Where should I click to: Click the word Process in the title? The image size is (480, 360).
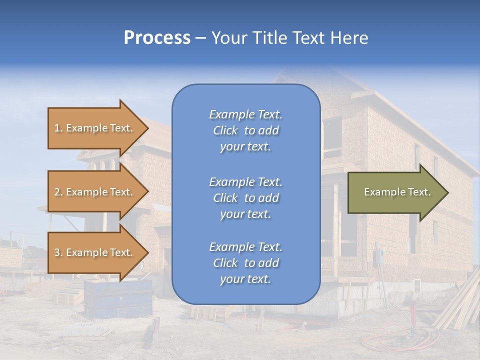tap(157, 38)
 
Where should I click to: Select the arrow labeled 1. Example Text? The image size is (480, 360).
tap(95, 128)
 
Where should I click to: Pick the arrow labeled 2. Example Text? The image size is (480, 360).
tap(95, 192)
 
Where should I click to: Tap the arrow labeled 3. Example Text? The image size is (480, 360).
tap(95, 252)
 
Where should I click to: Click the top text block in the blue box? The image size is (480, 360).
tap(245, 130)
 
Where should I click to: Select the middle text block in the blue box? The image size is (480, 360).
tap(245, 198)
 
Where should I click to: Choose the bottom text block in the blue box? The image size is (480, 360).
tap(245, 263)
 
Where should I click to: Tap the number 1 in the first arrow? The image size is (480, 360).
tap(57, 128)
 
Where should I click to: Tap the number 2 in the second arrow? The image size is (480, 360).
tap(57, 192)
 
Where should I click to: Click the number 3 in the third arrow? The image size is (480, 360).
tap(57, 252)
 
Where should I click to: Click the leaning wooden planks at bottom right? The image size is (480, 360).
tap(457, 305)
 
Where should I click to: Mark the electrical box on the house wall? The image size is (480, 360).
tap(378, 256)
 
